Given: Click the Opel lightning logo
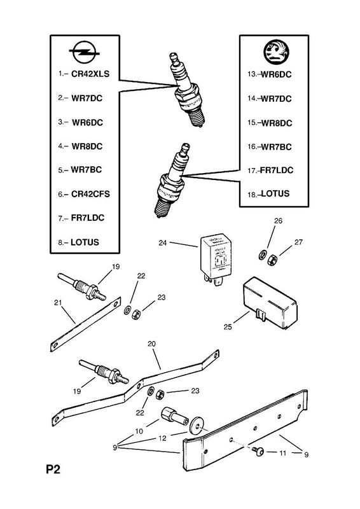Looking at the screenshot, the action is click(x=85, y=52).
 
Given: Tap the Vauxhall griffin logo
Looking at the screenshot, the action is click(x=276, y=52).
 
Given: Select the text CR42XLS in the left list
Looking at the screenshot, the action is click(x=90, y=74).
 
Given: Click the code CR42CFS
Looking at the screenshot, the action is click(x=90, y=194).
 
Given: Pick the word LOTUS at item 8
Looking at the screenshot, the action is click(x=85, y=242).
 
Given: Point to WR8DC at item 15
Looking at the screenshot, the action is click(x=277, y=123).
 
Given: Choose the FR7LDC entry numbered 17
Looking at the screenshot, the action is click(x=277, y=170).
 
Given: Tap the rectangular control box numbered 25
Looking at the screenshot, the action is click(x=270, y=303).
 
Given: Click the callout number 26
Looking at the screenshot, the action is click(x=278, y=221).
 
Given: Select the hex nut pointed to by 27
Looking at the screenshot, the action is click(x=271, y=260).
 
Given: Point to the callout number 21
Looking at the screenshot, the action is click(x=58, y=303).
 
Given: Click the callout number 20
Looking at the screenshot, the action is click(x=151, y=344).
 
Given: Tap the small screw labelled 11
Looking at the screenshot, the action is click(x=258, y=450).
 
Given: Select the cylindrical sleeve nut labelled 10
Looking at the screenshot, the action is click(x=174, y=417).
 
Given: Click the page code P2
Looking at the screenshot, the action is click(x=53, y=470).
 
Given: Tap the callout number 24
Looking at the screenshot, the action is click(x=163, y=243).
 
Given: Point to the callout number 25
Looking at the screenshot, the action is click(x=228, y=327).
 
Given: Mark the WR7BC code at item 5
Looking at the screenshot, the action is click(x=87, y=170).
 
